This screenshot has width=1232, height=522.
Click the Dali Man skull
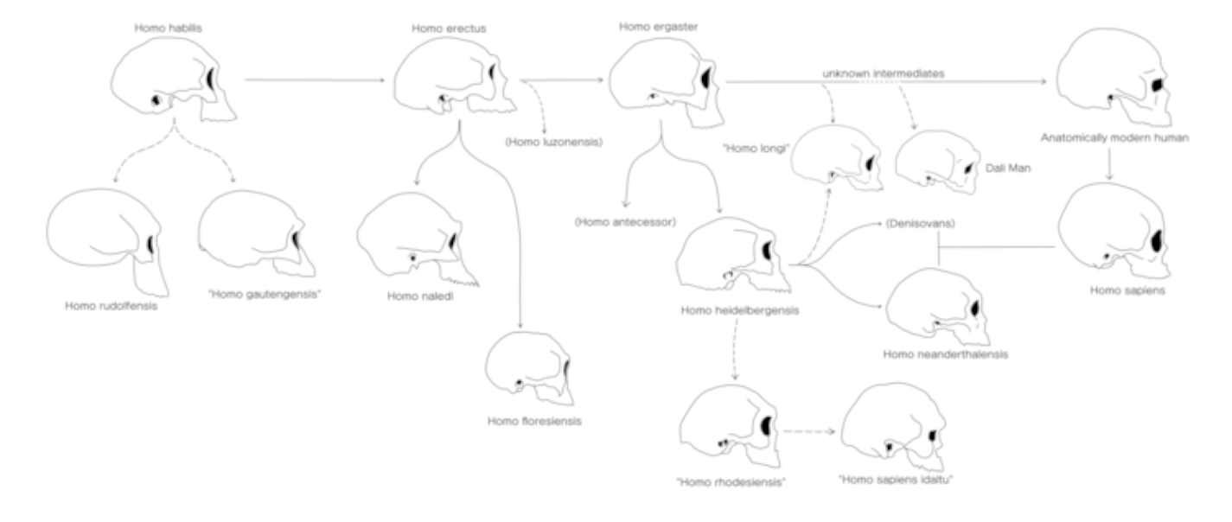click(937, 161)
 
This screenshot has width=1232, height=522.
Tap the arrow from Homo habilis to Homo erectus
click(316, 81)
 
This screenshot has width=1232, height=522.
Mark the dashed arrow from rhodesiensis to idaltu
click(809, 427)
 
